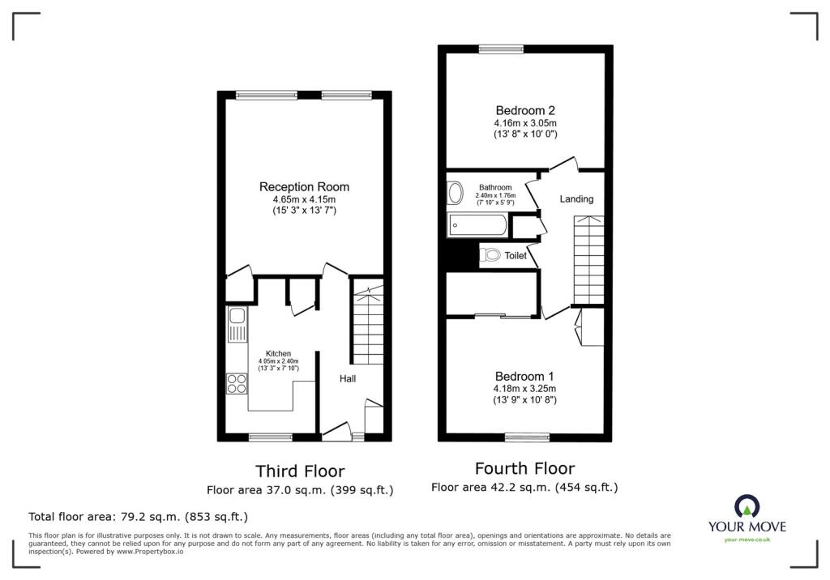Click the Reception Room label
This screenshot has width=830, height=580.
[304, 187]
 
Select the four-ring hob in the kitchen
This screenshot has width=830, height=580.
[237, 383]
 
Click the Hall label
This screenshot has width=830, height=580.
[347, 378]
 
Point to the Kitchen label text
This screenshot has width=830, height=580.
[278, 353]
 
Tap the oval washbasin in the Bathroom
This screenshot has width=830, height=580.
[455, 193]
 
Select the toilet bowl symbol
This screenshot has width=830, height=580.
[491, 256]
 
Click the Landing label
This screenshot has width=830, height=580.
[576, 198]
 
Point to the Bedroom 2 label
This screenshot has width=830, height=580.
[525, 110]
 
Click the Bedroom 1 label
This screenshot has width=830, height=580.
[524, 377]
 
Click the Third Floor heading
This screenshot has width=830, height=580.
[300, 471]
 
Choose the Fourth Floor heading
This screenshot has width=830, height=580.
[524, 468]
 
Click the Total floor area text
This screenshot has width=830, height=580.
[138, 516]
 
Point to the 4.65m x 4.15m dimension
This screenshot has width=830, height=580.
[304, 199]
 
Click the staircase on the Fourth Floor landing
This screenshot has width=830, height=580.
[588, 259]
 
